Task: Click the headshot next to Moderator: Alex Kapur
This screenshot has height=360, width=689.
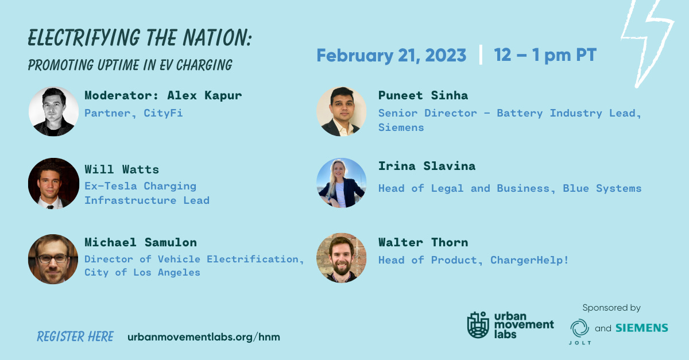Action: [53, 111]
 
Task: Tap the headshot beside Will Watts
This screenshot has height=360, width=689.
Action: [53, 183]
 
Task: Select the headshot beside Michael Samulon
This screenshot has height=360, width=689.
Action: [53, 258]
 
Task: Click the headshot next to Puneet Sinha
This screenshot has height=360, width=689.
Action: [341, 111]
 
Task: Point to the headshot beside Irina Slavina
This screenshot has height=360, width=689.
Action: [341, 183]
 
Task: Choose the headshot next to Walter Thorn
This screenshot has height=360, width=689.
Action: [341, 258]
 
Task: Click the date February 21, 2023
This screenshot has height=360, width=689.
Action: [391, 56]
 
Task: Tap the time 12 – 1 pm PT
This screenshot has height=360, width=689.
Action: [545, 56]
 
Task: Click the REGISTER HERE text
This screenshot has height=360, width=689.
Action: [75, 336]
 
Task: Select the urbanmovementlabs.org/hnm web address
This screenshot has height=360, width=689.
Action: [204, 337]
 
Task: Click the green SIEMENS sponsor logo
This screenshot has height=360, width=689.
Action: [642, 328]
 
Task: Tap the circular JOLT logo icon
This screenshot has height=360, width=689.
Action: [580, 328]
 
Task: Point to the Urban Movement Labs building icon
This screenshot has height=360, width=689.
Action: [478, 325]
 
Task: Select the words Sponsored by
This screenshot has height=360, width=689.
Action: [611, 308]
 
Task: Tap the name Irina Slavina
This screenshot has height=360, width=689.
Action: [427, 167]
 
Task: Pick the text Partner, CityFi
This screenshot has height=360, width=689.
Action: [133, 113]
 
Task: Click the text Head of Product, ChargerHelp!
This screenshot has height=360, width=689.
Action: [473, 260]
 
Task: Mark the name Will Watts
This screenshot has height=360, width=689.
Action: [122, 169]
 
